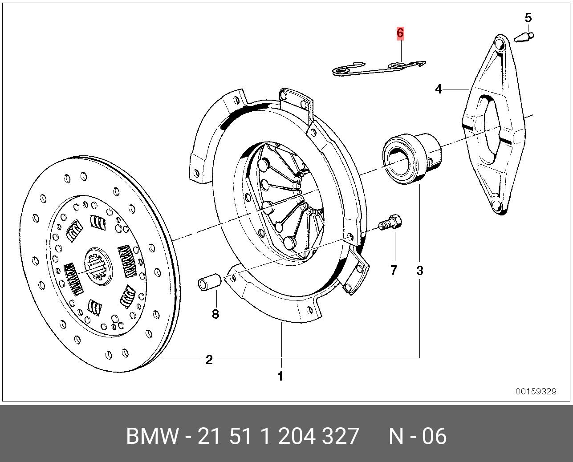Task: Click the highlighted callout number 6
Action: (400, 33)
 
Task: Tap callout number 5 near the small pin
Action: (528, 18)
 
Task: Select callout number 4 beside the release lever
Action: (439, 89)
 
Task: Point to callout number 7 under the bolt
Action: (394, 270)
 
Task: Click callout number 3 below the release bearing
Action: (420, 270)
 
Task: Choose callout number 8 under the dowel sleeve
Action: (215, 314)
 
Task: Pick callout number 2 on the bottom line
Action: (209, 360)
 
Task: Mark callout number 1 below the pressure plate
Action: (280, 376)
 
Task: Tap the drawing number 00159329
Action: (536, 392)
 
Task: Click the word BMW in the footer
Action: (151, 436)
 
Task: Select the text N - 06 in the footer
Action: (417, 436)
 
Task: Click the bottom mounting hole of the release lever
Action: (497, 206)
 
